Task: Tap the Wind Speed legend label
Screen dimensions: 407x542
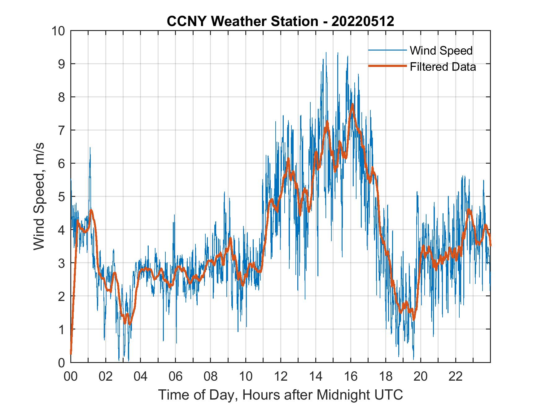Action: pos(441,51)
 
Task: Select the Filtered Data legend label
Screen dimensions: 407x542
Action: pos(443,67)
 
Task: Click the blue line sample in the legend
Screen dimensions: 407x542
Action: pos(387,50)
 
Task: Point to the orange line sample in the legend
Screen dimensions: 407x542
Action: pos(387,66)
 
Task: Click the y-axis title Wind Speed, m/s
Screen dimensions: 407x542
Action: pos(39,196)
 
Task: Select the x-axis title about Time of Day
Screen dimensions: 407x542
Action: pos(280,395)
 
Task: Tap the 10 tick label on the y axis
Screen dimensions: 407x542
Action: pos(59,31)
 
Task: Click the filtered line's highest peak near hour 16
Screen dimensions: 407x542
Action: pos(352,104)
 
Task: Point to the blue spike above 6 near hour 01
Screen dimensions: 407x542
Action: pos(90,148)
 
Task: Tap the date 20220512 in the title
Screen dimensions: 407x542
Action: pos(363,21)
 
